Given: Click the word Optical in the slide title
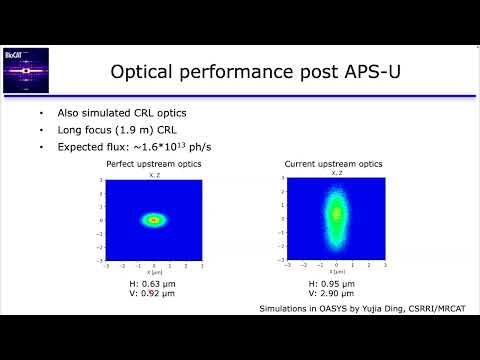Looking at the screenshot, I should tap(142, 71).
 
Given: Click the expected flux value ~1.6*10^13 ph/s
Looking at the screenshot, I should tap(171, 147).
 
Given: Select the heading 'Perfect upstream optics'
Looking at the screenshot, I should tap(154, 163).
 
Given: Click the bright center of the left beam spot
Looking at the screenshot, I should tap(154, 219).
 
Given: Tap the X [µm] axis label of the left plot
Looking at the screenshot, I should tap(154, 271).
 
